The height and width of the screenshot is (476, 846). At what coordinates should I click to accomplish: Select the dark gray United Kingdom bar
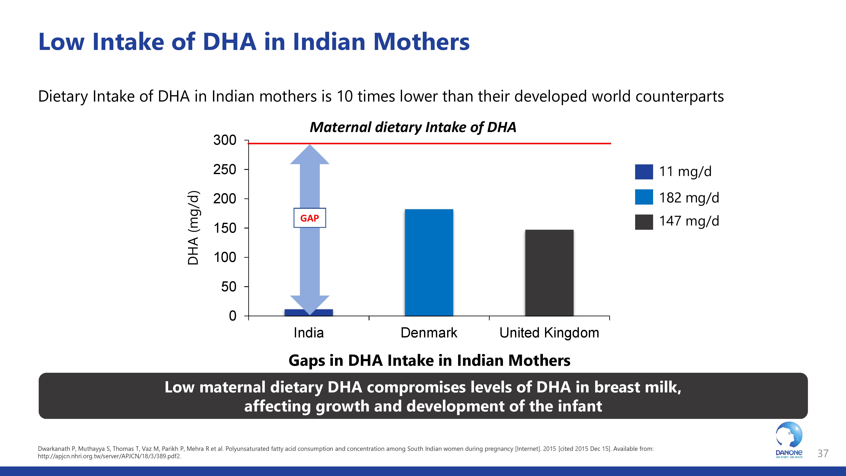(549, 273)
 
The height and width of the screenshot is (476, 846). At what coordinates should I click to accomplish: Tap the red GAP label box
(309, 218)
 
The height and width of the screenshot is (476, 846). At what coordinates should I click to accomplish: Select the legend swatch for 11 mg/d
(644, 172)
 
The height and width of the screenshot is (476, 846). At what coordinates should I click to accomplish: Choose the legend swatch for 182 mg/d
(644, 197)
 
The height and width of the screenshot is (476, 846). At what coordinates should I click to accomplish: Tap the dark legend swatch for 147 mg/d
(644, 222)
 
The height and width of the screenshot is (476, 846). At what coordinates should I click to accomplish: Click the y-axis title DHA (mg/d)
(193, 228)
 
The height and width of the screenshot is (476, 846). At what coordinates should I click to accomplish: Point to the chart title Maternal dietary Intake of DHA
(413, 127)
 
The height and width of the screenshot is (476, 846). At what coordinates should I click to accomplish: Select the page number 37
(823, 454)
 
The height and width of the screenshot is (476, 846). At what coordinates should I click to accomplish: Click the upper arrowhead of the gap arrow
(309, 154)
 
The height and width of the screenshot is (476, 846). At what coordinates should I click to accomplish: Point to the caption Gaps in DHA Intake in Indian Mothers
(429, 360)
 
